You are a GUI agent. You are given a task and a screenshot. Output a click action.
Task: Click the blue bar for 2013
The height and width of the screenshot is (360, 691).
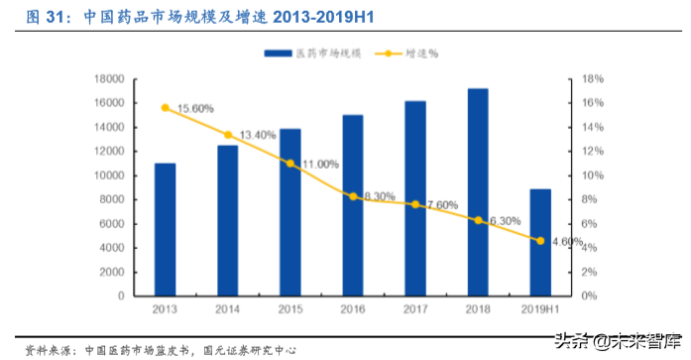pos(165,229)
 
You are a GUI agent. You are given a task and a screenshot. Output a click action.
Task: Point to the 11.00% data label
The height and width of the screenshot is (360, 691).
pos(320,164)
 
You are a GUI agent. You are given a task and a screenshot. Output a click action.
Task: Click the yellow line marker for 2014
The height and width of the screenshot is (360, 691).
pos(227,135)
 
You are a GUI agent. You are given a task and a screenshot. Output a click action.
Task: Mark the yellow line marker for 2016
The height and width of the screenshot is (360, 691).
pos(352,196)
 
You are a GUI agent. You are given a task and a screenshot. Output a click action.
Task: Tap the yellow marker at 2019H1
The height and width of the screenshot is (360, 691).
pos(540,240)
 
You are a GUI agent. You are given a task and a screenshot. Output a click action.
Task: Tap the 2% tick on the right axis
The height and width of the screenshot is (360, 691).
pos(588,272)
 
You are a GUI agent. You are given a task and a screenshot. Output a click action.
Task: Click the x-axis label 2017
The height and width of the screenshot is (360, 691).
pos(414,309)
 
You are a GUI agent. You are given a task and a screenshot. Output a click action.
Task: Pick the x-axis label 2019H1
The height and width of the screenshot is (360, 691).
pos(540,309)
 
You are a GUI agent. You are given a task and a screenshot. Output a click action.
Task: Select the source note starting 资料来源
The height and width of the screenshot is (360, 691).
pos(159,350)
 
